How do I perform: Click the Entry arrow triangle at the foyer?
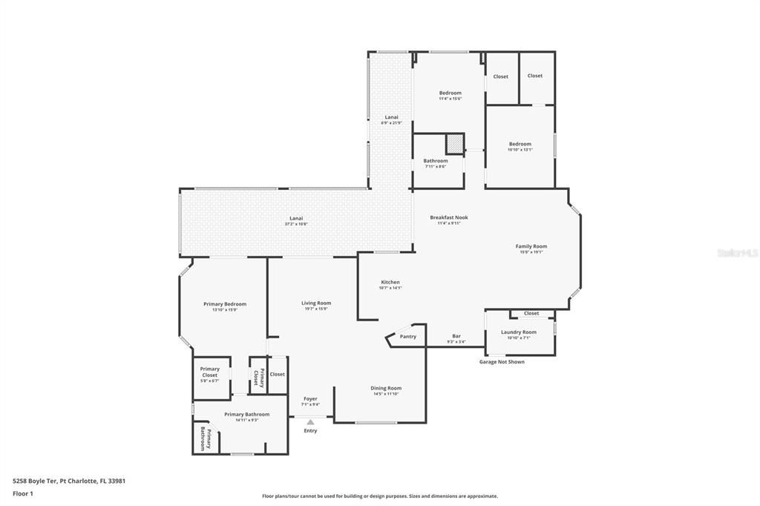coord(310,421)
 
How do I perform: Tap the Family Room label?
coord(531,246)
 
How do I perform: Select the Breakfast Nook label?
coord(449,217)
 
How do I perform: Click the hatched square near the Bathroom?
coord(454,143)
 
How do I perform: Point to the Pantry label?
coord(408,336)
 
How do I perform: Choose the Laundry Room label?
coord(518,332)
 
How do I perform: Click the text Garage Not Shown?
coord(502,362)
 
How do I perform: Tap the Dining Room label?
coord(386,388)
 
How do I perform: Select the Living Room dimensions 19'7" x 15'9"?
coord(316,309)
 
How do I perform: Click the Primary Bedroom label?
coord(225,304)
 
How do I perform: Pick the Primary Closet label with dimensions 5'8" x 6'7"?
coord(209,372)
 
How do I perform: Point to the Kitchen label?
coord(390,282)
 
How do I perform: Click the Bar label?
coord(456,336)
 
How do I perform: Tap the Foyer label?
coord(310,399)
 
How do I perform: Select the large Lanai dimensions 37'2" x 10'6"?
coord(296,223)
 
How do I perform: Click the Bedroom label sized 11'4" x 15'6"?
coord(450,93)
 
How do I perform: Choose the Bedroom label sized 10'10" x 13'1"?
coord(520,144)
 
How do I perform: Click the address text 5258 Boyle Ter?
coord(36,481)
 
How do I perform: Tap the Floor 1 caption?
coord(23,493)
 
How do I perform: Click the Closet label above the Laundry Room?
coord(531,313)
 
